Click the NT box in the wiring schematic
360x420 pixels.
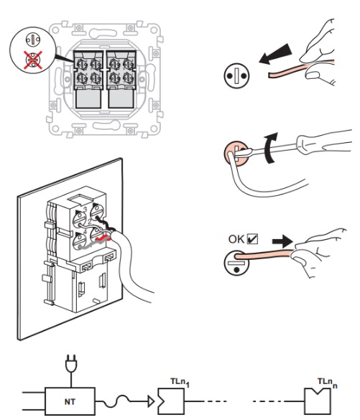(70, 401)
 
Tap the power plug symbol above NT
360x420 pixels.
(71, 364)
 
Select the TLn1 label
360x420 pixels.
(180, 382)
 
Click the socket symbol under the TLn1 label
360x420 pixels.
(171, 401)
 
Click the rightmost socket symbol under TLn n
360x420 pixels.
(318, 401)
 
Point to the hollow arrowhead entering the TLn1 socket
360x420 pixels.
(152, 401)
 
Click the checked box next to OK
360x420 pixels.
(252, 238)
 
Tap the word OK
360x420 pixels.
(236, 239)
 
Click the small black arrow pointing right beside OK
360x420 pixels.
(282, 241)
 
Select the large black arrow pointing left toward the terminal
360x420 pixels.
(275, 54)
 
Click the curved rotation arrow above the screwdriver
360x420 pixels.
(270, 148)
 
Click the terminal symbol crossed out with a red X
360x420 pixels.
(33, 60)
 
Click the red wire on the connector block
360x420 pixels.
(103, 238)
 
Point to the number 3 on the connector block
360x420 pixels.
(86, 210)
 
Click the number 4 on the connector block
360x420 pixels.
(86, 231)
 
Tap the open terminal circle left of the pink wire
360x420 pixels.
(236, 75)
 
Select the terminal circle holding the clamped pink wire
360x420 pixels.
(236, 263)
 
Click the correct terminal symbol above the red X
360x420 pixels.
(33, 40)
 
